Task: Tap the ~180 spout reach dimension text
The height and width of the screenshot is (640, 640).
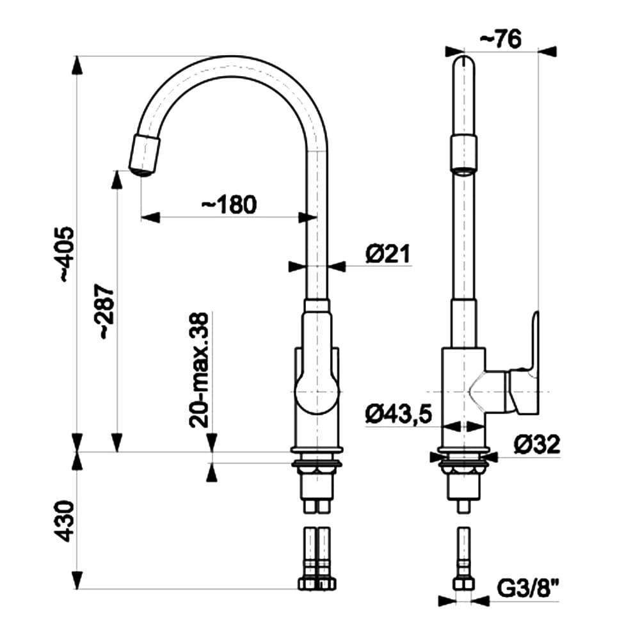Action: [228, 205]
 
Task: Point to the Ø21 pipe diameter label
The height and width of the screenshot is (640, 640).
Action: [387, 254]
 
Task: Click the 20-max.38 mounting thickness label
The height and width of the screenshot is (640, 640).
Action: [200, 370]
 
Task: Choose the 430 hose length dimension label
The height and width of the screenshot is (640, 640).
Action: [68, 522]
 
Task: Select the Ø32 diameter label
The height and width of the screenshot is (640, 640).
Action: [537, 444]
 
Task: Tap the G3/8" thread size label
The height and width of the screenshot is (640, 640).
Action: [528, 586]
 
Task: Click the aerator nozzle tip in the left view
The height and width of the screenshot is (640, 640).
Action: [144, 155]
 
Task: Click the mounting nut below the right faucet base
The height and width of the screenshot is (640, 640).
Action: [463, 470]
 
